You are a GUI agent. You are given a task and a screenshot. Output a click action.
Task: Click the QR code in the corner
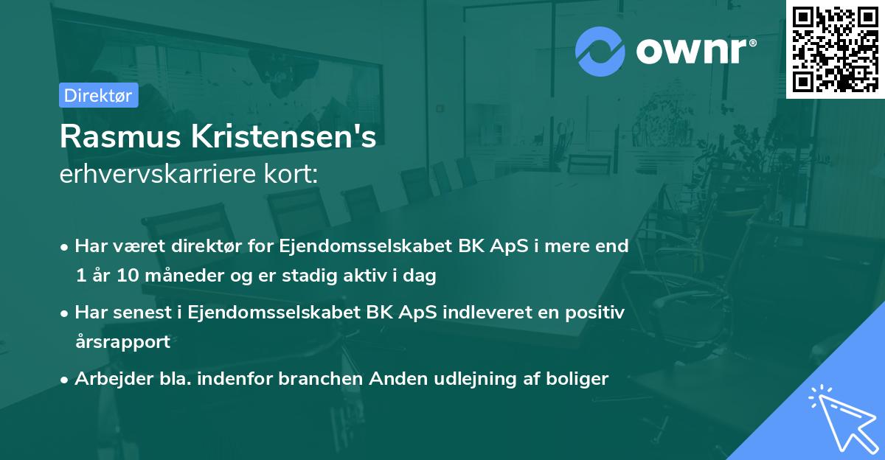click(835, 49)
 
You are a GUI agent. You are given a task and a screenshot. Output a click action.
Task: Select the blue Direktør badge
click(98, 96)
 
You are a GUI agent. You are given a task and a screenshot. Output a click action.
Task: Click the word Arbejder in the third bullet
click(108, 379)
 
